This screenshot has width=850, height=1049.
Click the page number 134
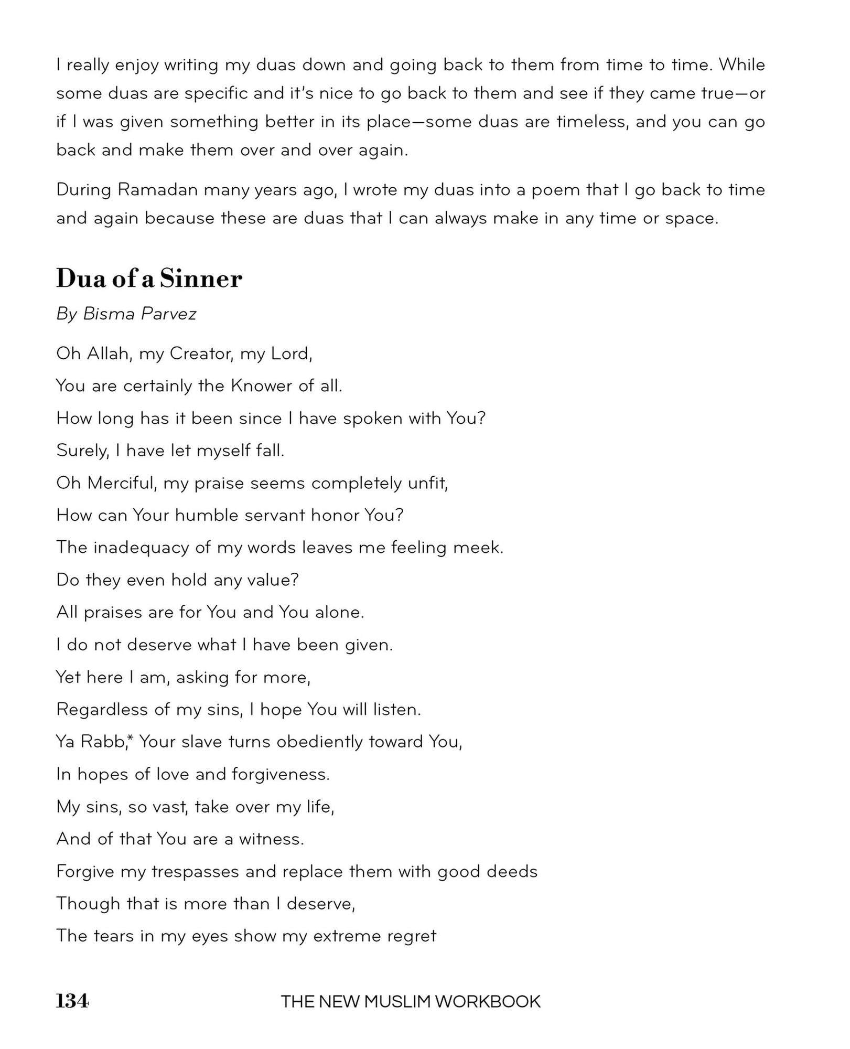click(72, 1001)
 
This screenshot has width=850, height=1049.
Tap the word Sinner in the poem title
click(201, 279)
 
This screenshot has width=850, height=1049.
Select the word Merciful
click(122, 483)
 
